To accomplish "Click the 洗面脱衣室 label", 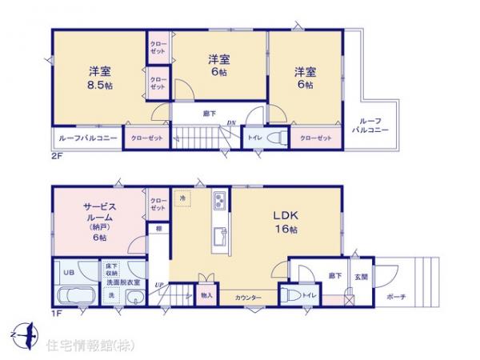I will [122, 282].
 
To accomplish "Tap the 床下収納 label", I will [110, 270].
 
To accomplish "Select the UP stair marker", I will [160, 286].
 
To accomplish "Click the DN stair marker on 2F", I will [230, 122].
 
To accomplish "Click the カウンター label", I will [249, 297].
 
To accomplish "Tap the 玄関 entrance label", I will [360, 277].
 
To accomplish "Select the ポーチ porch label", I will [395, 297].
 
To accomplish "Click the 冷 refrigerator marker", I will [183, 198].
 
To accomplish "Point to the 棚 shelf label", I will [160, 230].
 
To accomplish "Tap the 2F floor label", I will [57, 156].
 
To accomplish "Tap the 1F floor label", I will [57, 314].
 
